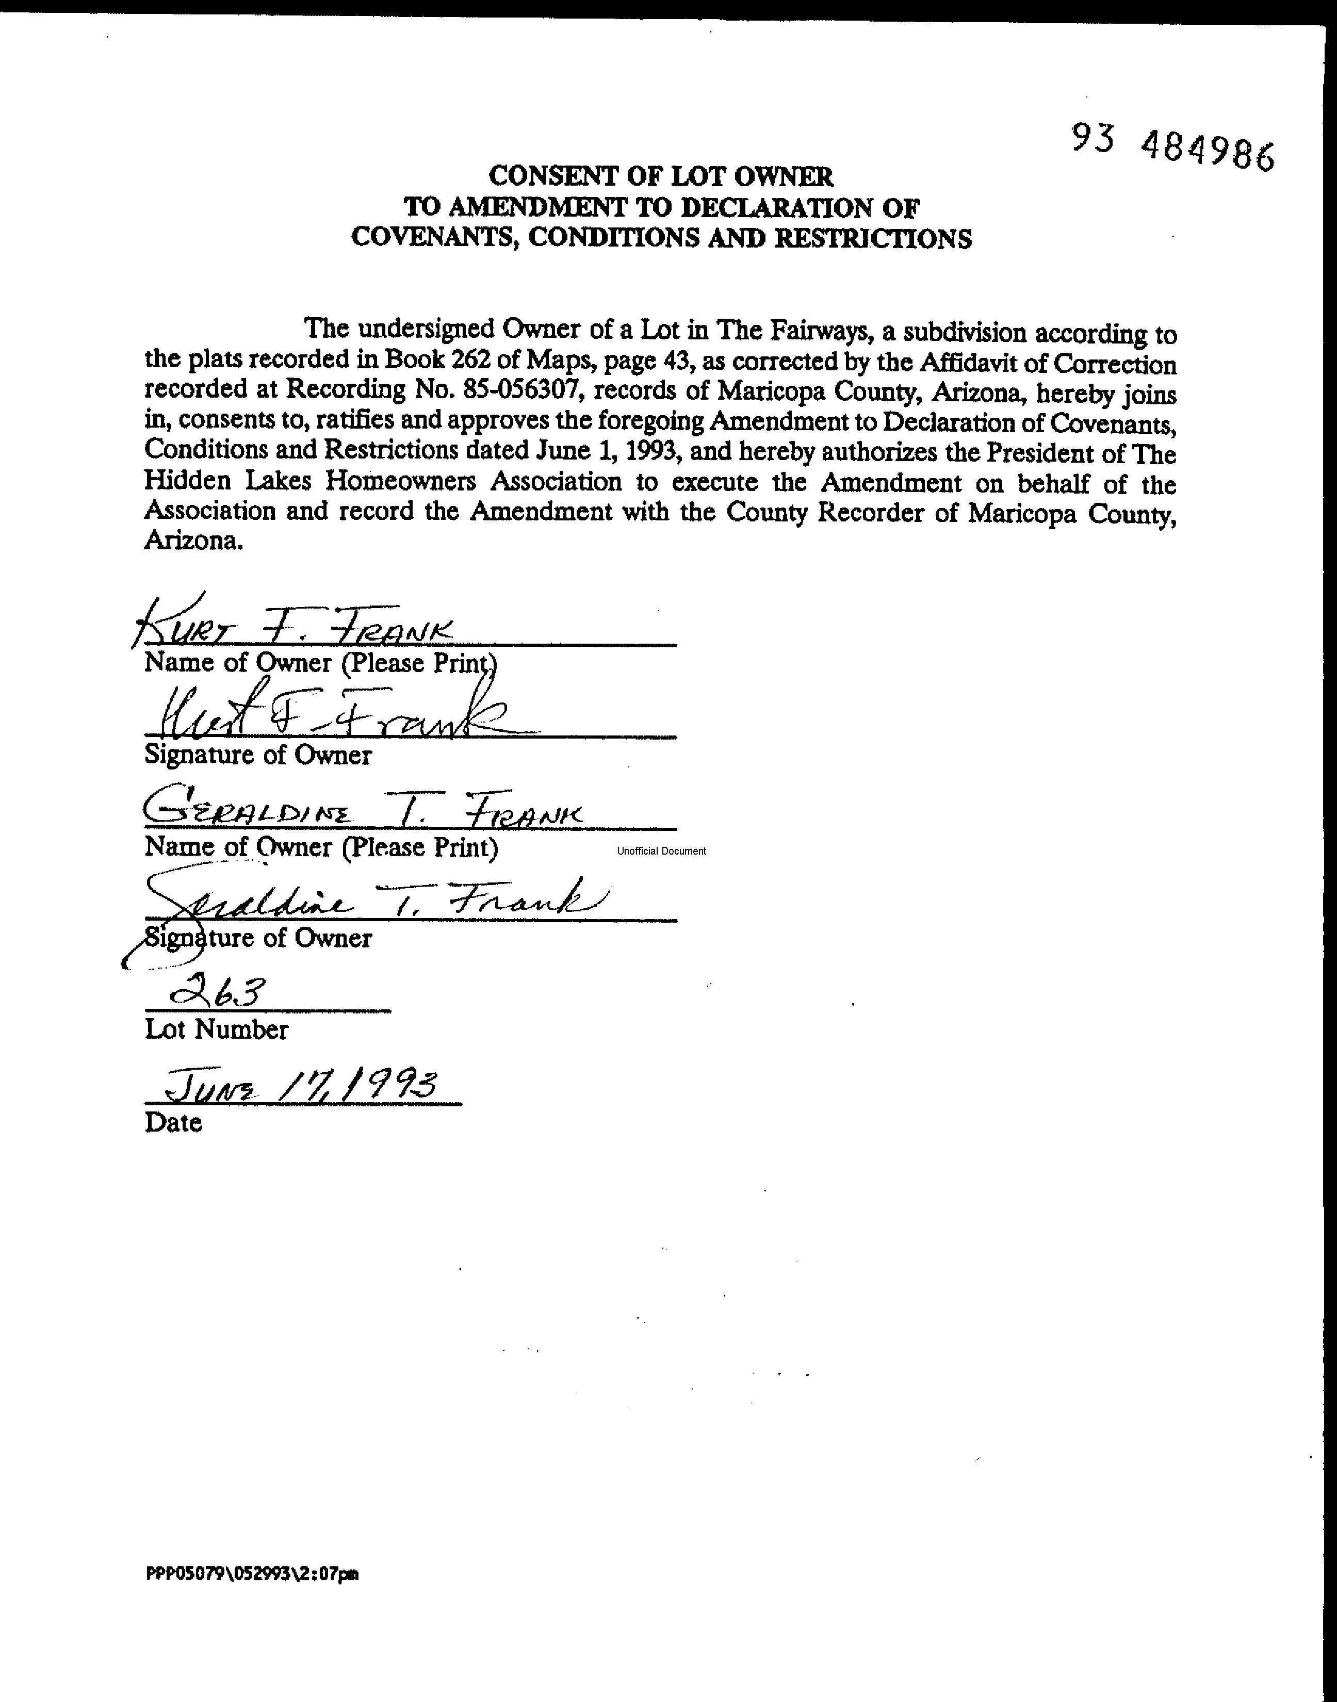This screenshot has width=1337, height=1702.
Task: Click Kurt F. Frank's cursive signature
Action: coord(333,714)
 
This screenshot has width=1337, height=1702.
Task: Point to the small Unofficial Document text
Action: coord(661,850)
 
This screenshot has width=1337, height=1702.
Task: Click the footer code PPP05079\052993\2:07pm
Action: coord(252,1574)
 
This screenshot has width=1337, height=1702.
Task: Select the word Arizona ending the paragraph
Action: coord(192,541)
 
